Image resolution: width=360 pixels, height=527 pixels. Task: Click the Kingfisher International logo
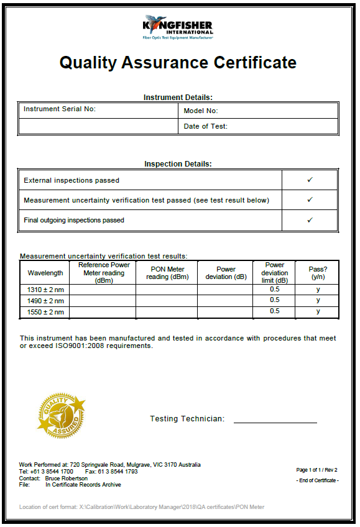click(178, 27)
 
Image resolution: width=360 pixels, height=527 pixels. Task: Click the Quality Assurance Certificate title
click(178, 63)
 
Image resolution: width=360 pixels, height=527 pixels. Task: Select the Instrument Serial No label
click(60, 109)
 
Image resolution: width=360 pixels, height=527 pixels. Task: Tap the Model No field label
click(201, 111)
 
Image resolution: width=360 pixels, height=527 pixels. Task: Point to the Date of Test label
click(206, 126)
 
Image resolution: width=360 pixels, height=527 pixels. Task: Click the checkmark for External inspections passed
click(310, 180)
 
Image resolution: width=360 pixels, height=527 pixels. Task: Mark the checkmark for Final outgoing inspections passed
click(310, 220)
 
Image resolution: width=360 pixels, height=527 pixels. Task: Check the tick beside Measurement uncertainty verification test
click(310, 200)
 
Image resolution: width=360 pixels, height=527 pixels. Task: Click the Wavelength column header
click(45, 273)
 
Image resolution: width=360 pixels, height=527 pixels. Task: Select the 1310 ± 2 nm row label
click(45, 290)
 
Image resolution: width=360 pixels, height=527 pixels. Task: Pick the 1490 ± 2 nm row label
click(45, 301)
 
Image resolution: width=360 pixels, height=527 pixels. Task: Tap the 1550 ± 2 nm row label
click(45, 312)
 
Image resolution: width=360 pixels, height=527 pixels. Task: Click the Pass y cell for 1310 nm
click(318, 290)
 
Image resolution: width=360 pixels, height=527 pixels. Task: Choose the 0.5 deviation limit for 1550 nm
click(274, 311)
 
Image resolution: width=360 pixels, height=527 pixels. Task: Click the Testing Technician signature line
click(275, 422)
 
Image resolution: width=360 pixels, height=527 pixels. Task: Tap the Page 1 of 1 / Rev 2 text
click(317, 470)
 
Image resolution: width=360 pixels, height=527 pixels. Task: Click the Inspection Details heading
click(178, 164)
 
